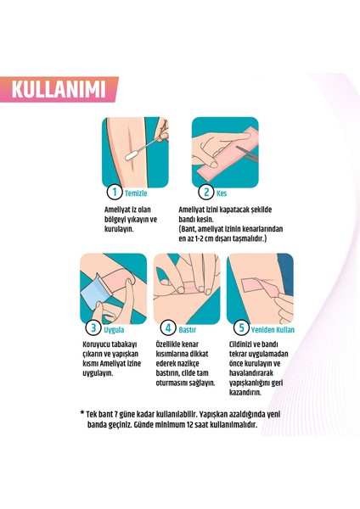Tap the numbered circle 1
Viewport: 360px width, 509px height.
(111, 193)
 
